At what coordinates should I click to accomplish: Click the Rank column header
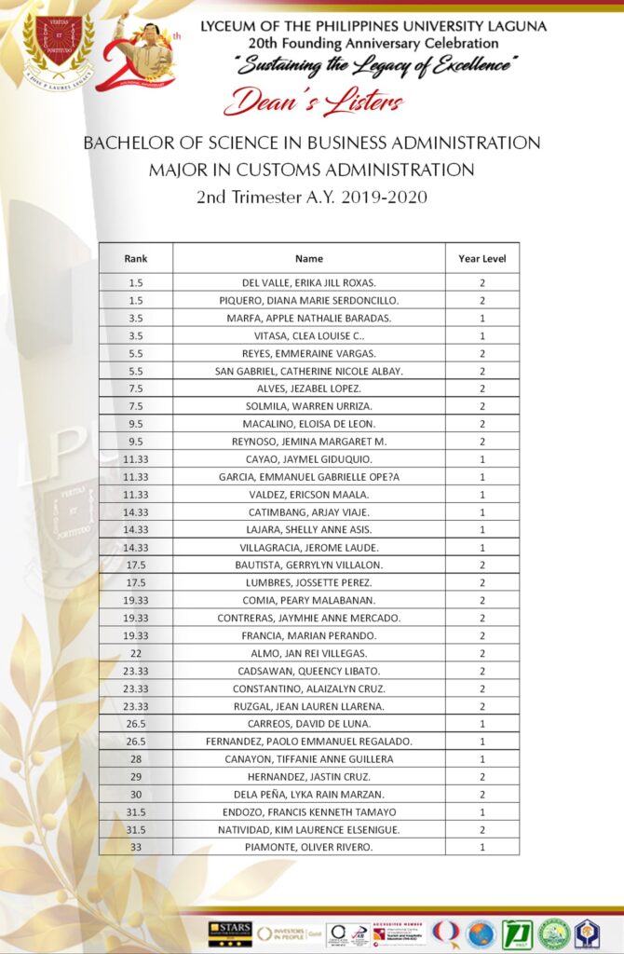tap(135, 258)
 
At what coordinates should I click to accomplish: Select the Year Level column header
tap(482, 258)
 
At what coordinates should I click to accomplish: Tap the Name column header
tap(308, 258)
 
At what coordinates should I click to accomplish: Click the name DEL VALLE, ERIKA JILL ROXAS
tap(308, 282)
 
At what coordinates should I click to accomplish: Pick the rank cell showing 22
tap(135, 653)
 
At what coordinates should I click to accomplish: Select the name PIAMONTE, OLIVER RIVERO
tap(308, 847)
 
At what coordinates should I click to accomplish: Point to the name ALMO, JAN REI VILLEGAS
tap(308, 653)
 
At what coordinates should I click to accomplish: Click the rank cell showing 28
tap(135, 759)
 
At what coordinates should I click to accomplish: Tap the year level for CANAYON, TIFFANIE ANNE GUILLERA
tap(482, 759)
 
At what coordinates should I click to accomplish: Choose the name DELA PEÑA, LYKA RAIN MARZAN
tap(308, 794)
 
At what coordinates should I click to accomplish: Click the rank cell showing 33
tap(135, 847)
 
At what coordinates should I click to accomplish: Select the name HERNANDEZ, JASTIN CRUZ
tap(308, 777)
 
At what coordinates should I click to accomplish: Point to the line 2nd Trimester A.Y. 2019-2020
tap(311, 197)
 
